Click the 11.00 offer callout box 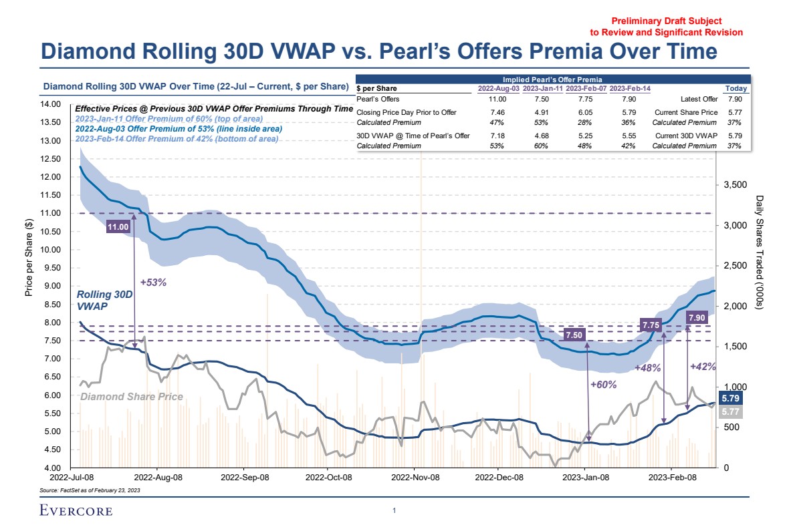(118, 227)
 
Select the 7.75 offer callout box (651, 325)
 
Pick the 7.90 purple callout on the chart (697, 317)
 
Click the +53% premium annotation (153, 282)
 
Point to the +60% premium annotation (603, 385)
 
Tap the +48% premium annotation (647, 368)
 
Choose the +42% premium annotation (702, 366)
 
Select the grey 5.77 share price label (730, 412)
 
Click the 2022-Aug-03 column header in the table (498, 89)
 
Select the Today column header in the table (736, 89)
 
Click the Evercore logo (75, 512)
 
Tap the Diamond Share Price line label (131, 397)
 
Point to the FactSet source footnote (90, 490)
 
